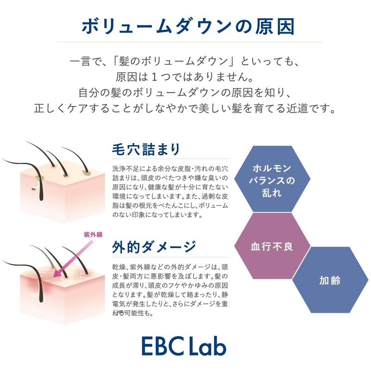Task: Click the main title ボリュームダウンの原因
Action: point(188,26)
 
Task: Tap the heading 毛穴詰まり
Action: point(146,149)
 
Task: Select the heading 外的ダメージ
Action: point(154,247)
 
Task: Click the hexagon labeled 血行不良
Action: point(272,246)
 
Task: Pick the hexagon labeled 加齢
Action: point(330,280)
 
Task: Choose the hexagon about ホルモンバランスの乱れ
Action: point(272,179)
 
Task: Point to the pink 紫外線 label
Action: point(93,235)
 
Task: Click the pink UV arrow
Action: point(73,259)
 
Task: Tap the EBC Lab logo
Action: point(184,345)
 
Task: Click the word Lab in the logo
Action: point(207,345)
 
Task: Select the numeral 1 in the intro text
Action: point(154,77)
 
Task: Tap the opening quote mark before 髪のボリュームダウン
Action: point(115,61)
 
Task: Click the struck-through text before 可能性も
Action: point(118,313)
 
